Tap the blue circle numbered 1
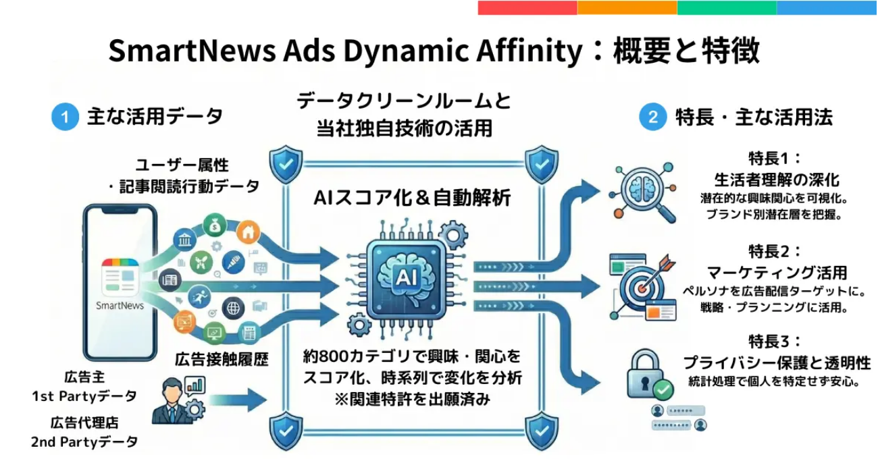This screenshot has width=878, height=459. [65, 117]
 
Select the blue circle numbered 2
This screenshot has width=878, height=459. [652, 117]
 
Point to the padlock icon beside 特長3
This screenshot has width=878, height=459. [646, 375]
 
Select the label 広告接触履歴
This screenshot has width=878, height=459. [221, 359]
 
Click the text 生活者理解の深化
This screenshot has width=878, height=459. [777, 180]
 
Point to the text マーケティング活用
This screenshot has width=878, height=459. [777, 273]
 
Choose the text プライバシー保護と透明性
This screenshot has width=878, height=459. [777, 361]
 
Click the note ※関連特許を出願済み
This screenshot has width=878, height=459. [412, 399]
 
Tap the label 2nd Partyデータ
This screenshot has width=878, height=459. [84, 442]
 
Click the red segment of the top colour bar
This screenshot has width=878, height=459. [527, 7]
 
